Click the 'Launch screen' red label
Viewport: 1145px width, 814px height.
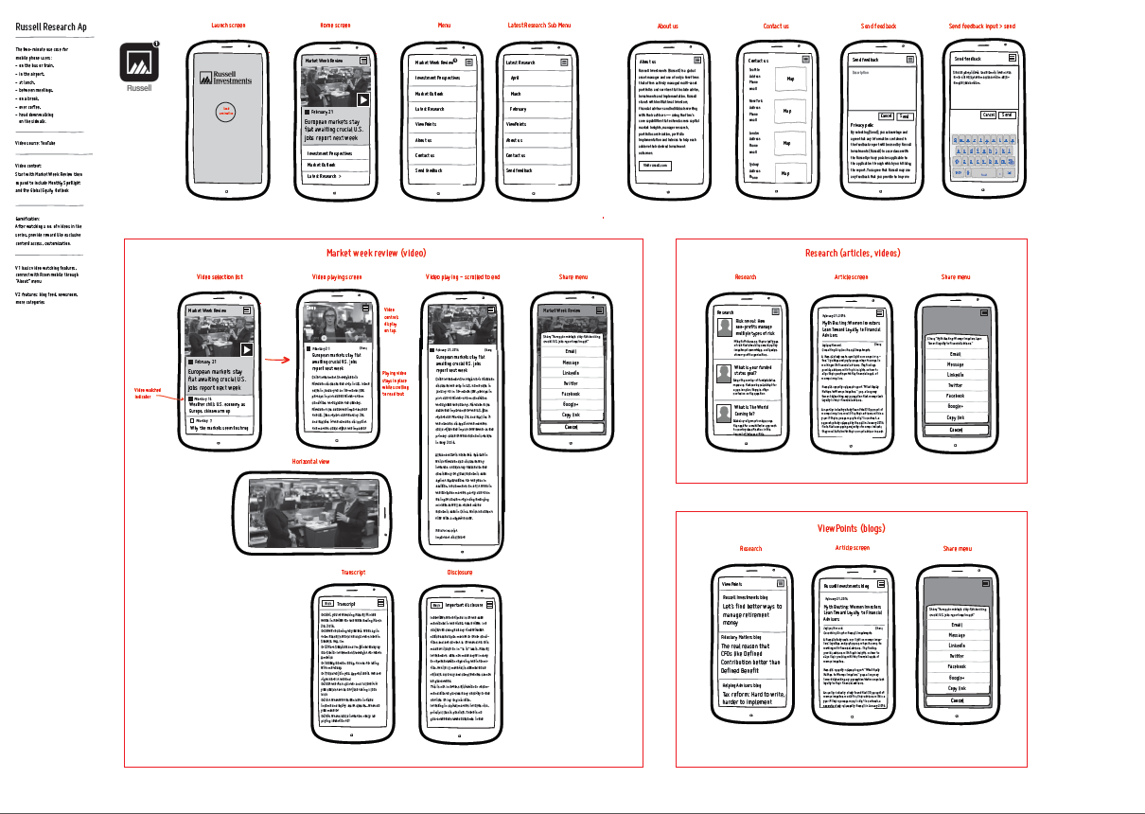coord(227,26)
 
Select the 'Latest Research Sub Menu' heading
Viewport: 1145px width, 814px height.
coord(539,26)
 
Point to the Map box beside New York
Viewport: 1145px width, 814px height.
coord(787,111)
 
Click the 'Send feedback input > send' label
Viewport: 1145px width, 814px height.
coord(982,26)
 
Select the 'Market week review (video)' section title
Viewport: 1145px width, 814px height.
coord(377,253)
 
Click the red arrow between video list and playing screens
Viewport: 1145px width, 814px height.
coord(276,360)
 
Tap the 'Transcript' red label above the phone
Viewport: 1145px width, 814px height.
coord(354,573)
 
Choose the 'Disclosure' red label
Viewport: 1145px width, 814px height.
coord(459,573)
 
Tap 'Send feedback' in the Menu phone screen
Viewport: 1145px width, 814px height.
coord(429,170)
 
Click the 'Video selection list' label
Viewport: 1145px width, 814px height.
coord(220,276)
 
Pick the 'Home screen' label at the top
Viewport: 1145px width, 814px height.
coord(336,26)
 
